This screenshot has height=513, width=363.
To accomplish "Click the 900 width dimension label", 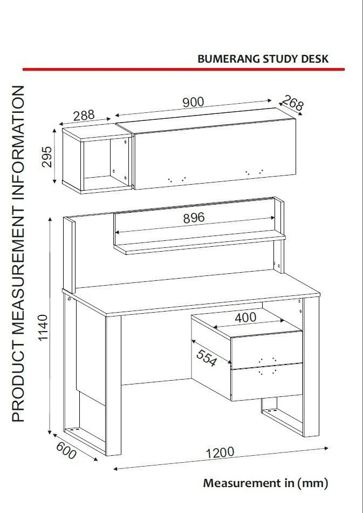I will pyautogui.click(x=193, y=103).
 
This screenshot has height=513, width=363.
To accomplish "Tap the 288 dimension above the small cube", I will pyautogui.click(x=84, y=116).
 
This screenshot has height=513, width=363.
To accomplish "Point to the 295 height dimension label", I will pyautogui.click(x=47, y=157).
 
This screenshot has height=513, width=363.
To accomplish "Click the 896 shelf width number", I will pyautogui.click(x=194, y=218).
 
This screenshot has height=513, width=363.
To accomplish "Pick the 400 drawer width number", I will pyautogui.click(x=245, y=318).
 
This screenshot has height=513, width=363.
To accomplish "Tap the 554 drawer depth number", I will pyautogui.click(x=207, y=358).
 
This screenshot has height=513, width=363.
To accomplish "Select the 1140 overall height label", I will pyautogui.click(x=43, y=327).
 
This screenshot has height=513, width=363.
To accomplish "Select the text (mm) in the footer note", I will pyautogui.click(x=312, y=483).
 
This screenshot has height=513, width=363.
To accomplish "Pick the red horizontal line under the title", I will pyautogui.click(x=183, y=69).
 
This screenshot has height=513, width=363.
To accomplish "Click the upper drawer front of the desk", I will pyautogui.click(x=266, y=349).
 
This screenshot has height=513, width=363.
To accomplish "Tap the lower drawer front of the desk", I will pyautogui.click(x=266, y=381).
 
